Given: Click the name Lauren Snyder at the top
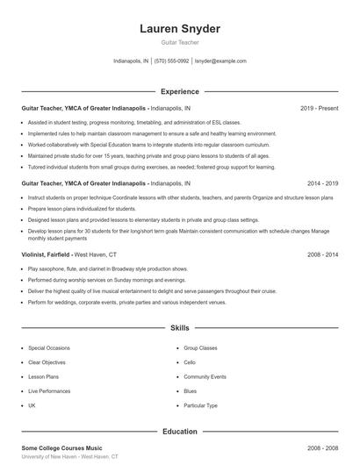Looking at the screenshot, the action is tap(180, 29).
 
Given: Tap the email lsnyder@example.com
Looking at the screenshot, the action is tap(220, 61).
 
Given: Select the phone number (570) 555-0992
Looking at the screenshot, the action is tap(171, 61).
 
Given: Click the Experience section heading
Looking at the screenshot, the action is tap(180, 90).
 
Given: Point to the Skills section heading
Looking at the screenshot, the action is tap(180, 328).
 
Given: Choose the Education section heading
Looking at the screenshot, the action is tap(180, 431).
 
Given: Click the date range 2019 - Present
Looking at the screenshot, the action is tap(319, 108).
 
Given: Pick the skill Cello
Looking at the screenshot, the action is tap(191, 362).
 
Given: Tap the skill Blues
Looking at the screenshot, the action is tap(191, 391).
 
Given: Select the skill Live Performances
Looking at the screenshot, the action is tap(49, 391).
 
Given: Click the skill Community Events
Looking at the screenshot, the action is tap(205, 376).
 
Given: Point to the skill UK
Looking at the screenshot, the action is tap(32, 405).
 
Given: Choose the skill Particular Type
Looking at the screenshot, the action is tap(200, 405).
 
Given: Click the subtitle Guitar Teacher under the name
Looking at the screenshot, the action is tap(180, 42).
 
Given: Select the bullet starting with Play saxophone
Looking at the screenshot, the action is tap(108, 268).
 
